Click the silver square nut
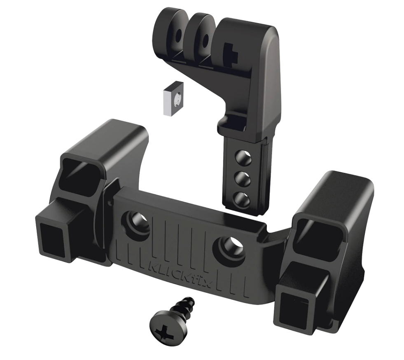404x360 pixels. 173,98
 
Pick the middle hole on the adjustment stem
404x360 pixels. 243,178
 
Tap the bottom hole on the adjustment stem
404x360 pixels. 242,199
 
